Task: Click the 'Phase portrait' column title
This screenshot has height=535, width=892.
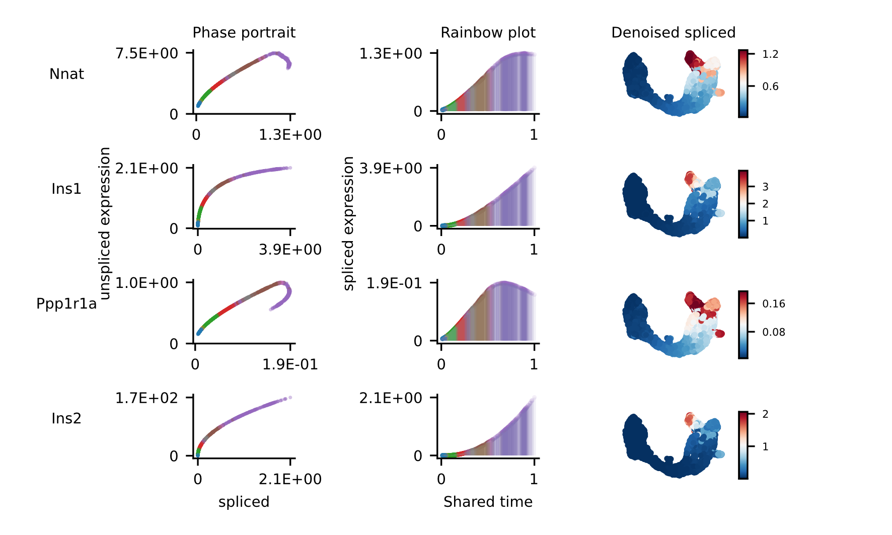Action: (x=244, y=33)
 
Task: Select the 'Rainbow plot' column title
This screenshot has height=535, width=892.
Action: (x=488, y=33)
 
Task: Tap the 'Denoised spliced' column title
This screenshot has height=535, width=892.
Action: (x=673, y=33)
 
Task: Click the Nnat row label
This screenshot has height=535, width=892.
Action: (x=66, y=74)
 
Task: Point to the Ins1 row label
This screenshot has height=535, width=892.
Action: (x=66, y=189)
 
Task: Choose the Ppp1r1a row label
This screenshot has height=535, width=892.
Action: (x=66, y=303)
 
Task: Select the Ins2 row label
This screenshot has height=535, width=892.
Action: (x=66, y=418)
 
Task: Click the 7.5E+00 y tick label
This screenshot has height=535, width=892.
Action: (x=146, y=53)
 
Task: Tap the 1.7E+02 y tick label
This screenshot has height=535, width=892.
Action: (x=146, y=398)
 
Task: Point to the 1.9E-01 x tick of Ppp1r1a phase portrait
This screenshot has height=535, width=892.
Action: (x=290, y=364)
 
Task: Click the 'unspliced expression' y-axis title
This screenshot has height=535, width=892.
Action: (x=105, y=223)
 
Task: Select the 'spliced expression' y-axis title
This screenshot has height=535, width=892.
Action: (x=348, y=223)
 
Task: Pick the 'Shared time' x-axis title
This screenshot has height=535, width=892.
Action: (x=488, y=502)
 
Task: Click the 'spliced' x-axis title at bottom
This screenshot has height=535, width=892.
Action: (x=244, y=502)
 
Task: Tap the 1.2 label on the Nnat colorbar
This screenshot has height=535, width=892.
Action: (x=770, y=54)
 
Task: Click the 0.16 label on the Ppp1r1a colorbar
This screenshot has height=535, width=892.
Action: (x=774, y=303)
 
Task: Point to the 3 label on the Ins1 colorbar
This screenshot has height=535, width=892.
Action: (x=765, y=187)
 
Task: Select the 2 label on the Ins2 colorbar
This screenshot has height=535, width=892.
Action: (x=765, y=414)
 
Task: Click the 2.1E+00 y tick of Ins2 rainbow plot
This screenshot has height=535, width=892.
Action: (x=391, y=398)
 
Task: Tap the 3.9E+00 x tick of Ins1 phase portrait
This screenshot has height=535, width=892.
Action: (x=290, y=250)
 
